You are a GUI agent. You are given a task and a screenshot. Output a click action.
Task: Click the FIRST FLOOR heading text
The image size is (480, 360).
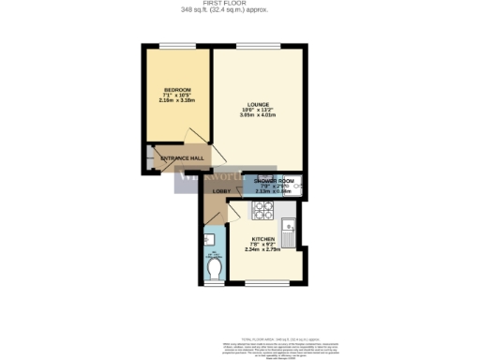[240, 4]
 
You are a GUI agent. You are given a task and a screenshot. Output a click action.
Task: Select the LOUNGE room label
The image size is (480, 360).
[259, 104]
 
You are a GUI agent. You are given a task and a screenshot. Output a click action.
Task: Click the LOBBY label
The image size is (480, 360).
[221, 192]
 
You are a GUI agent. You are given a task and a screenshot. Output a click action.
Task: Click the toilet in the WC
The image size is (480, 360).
[214, 269]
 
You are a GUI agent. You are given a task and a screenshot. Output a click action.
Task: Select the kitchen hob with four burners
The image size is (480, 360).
[262, 209]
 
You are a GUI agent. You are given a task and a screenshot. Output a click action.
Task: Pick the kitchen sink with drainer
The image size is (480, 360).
[292, 231]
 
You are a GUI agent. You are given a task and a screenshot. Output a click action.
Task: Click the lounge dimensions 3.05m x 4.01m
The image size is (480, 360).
[259, 115]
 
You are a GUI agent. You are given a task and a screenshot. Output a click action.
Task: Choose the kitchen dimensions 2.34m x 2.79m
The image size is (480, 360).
[262, 249]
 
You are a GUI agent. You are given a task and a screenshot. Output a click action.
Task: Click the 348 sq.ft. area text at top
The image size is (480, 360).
[240, 10]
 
